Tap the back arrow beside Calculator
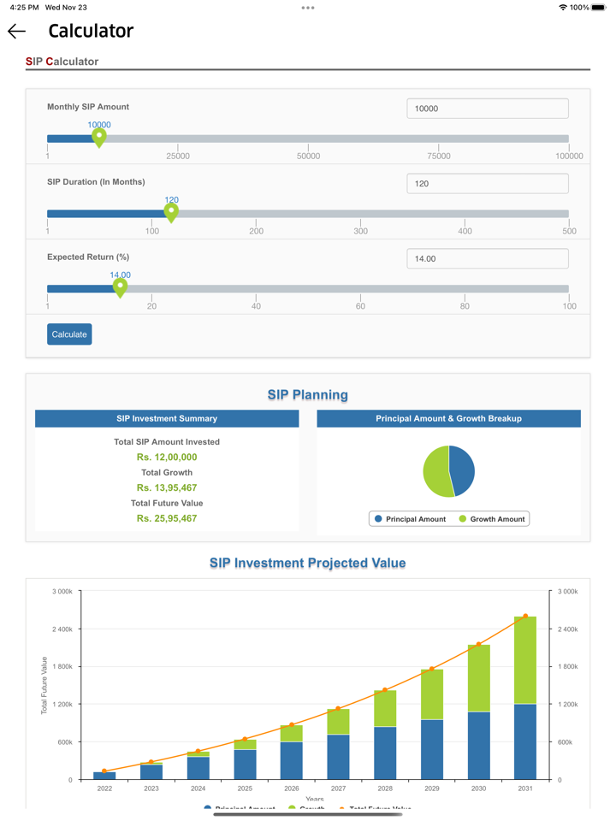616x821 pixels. click(16, 32)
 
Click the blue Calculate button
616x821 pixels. click(69, 334)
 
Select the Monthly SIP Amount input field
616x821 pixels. click(487, 109)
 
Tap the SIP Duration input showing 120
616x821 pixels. click(487, 184)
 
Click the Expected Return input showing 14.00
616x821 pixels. click(487, 258)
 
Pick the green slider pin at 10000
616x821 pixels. click(99, 137)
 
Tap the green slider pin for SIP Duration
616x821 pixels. click(171, 212)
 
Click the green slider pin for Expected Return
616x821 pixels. click(121, 287)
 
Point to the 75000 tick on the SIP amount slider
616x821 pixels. click(439, 156)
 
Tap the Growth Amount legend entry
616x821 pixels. click(492, 519)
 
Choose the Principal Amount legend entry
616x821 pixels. click(410, 519)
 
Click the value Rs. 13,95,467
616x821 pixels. click(167, 487)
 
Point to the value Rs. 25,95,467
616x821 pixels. click(167, 518)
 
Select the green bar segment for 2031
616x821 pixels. click(524, 660)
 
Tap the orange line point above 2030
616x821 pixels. click(478, 644)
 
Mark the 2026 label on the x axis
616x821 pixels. click(292, 789)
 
